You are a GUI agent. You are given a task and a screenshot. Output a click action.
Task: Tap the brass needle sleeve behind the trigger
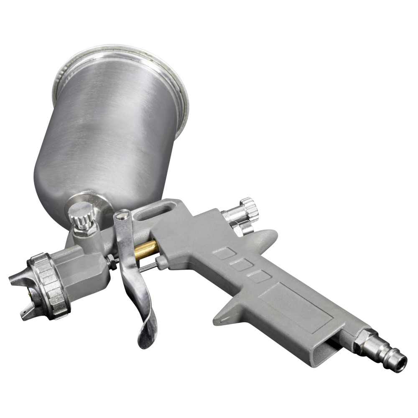point(146,249)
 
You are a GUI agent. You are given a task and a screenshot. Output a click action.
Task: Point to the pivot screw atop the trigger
point(122,216)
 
